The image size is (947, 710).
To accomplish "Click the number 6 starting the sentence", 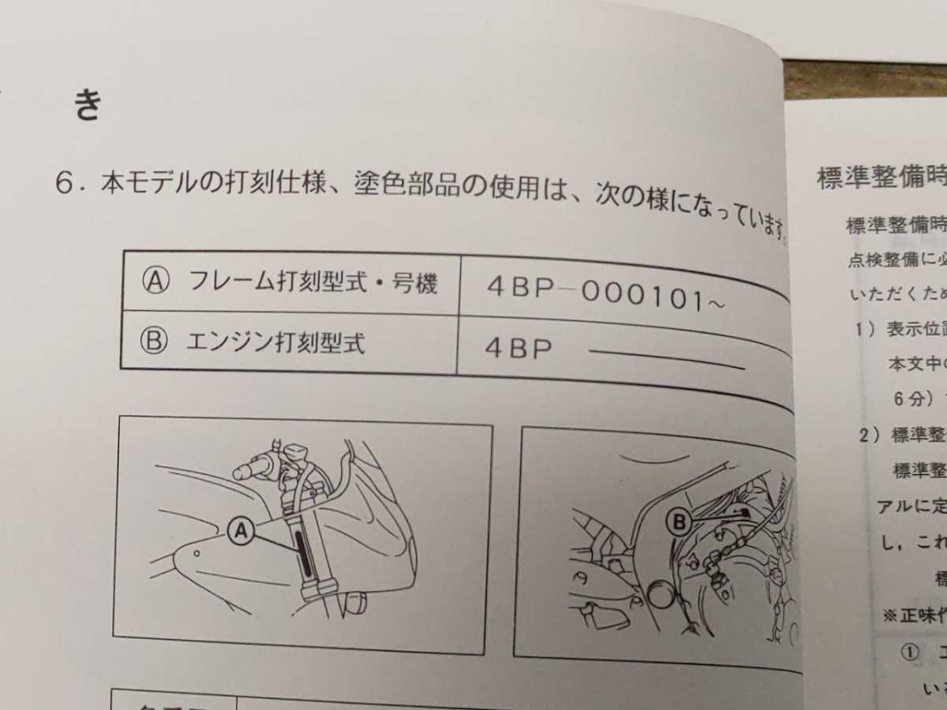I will [65, 184].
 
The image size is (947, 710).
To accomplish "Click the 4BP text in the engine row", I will [518, 349].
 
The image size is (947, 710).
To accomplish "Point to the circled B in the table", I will [155, 342].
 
